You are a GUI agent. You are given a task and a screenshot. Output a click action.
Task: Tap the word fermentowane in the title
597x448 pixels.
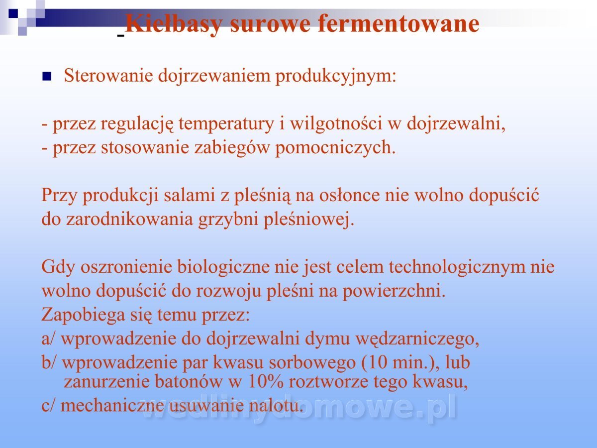(x=398, y=23)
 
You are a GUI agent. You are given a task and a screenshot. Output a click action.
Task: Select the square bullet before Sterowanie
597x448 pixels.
(x=46, y=77)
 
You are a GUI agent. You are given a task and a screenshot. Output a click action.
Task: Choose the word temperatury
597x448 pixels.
(x=226, y=124)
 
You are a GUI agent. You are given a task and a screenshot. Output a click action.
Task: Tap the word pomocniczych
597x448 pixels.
(x=335, y=148)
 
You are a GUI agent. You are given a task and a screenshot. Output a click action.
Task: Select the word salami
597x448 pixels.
(x=190, y=195)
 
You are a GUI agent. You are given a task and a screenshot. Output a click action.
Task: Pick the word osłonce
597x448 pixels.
(x=349, y=195)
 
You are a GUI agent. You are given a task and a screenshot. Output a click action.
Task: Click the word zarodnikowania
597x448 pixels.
(x=129, y=219)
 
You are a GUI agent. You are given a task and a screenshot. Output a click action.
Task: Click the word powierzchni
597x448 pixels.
(x=394, y=291)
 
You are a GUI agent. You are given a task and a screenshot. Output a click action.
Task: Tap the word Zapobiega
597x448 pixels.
(x=83, y=315)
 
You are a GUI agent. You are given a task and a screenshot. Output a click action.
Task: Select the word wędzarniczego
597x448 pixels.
(x=417, y=339)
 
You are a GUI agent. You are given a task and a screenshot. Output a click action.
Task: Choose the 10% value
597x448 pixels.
(x=266, y=381)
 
